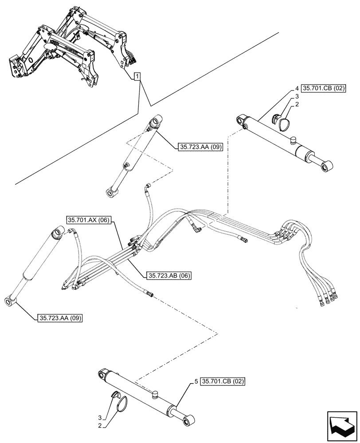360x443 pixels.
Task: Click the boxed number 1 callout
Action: tap(138, 77)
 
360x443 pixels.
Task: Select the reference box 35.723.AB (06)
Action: tap(168, 275)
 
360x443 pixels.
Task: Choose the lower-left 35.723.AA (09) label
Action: tap(60, 318)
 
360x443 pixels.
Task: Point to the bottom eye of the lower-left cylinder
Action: tap(10, 302)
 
